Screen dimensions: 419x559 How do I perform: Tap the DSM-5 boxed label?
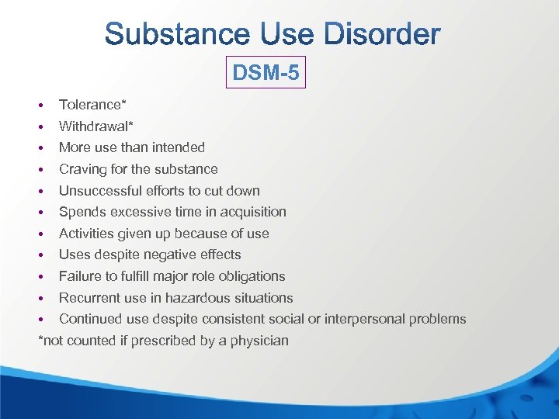[266, 74]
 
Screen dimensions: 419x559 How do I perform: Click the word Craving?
[82, 169]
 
